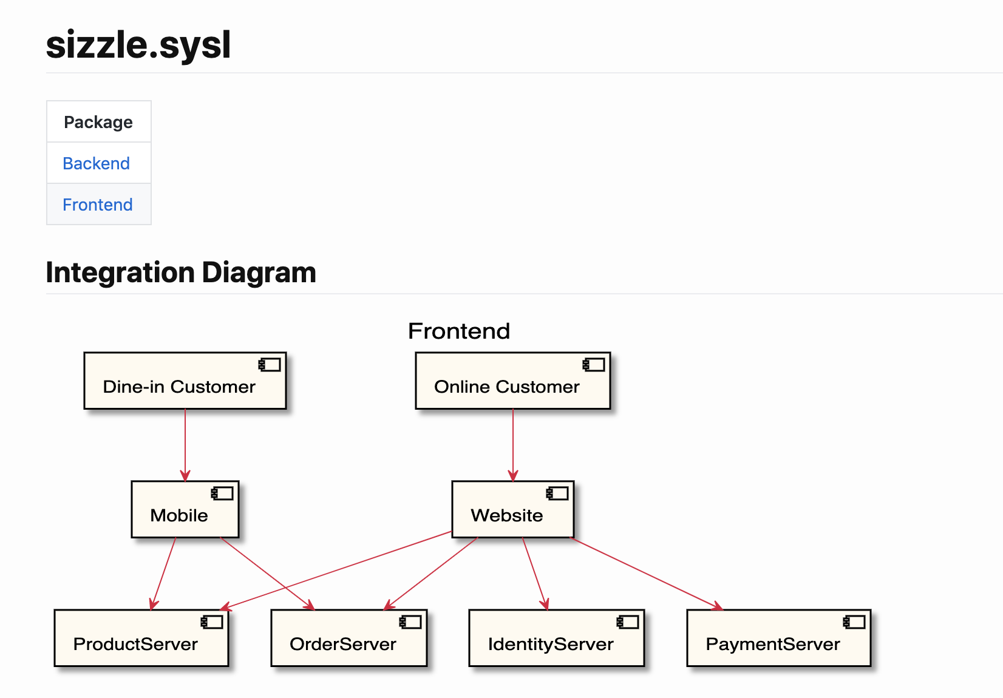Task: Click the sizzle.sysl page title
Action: point(138,45)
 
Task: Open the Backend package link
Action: point(97,163)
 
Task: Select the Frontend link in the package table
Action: point(98,205)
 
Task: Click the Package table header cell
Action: point(98,122)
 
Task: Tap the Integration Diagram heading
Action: point(181,273)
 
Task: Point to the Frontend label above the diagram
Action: point(459,331)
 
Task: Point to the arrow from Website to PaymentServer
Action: point(647,574)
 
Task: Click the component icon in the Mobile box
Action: point(222,493)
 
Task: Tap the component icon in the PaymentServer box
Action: point(854,622)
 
